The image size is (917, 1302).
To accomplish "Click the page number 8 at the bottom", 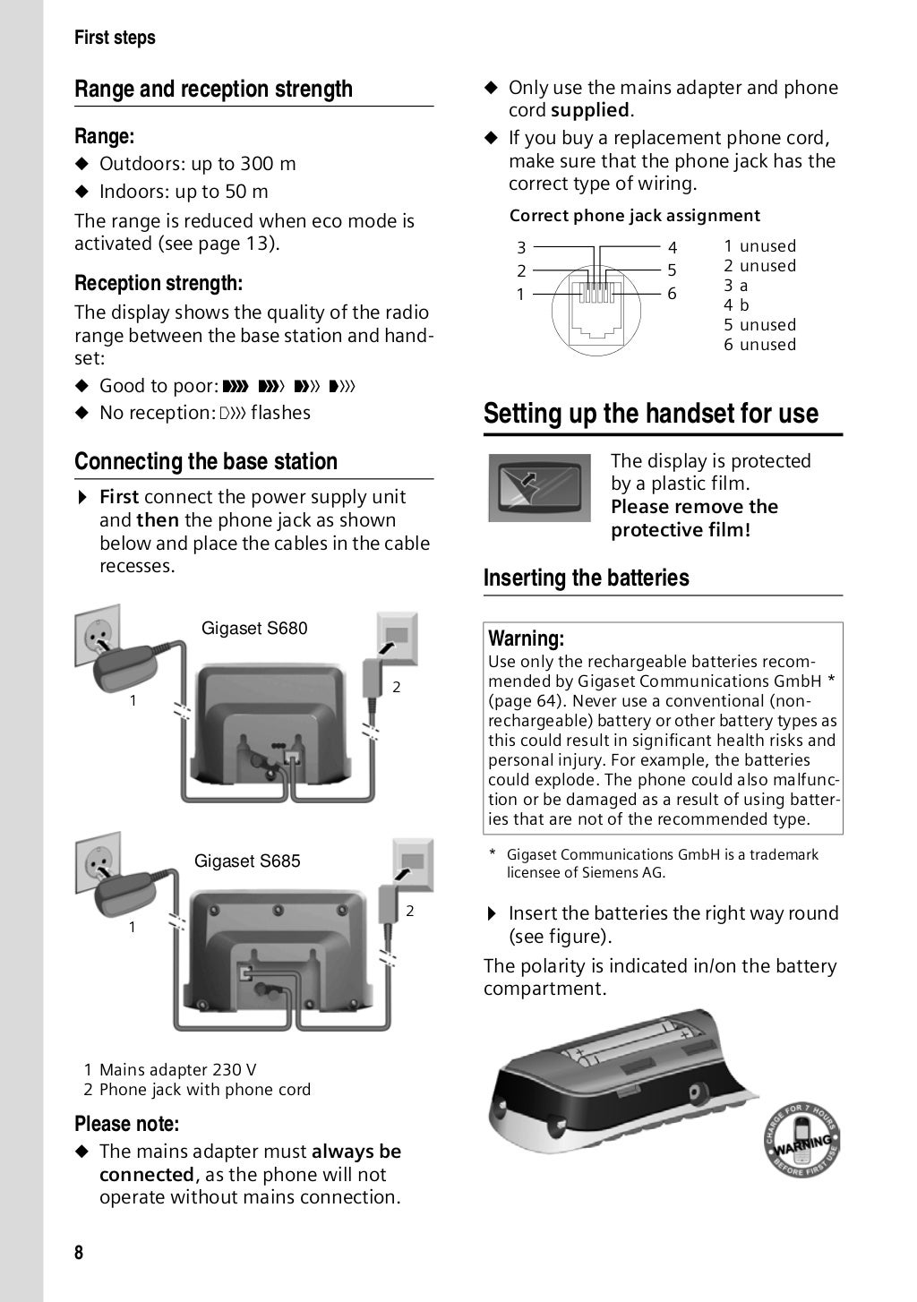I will (x=79, y=1252).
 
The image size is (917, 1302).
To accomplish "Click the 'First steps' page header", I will (x=115, y=38).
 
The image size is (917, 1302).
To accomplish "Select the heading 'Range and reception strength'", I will (x=213, y=90).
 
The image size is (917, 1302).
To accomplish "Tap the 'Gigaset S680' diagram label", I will (x=254, y=629).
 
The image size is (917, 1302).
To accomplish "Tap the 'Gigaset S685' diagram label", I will (x=247, y=861).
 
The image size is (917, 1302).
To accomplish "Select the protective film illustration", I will (x=539, y=487).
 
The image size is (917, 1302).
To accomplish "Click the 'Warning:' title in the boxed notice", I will (x=526, y=638).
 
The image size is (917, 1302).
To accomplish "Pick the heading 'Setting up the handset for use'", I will (x=651, y=414).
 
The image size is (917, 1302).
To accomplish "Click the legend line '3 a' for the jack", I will (x=736, y=286).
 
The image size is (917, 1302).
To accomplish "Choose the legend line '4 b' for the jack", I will (x=736, y=305).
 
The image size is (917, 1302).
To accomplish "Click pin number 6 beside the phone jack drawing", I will (x=672, y=294).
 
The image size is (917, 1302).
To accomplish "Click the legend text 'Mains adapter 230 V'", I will (x=177, y=1070).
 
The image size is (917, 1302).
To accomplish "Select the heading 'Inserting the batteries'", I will (x=587, y=578).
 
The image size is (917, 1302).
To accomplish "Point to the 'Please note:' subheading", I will (x=126, y=1124).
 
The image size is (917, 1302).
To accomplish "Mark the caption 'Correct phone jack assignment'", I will (x=634, y=216).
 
